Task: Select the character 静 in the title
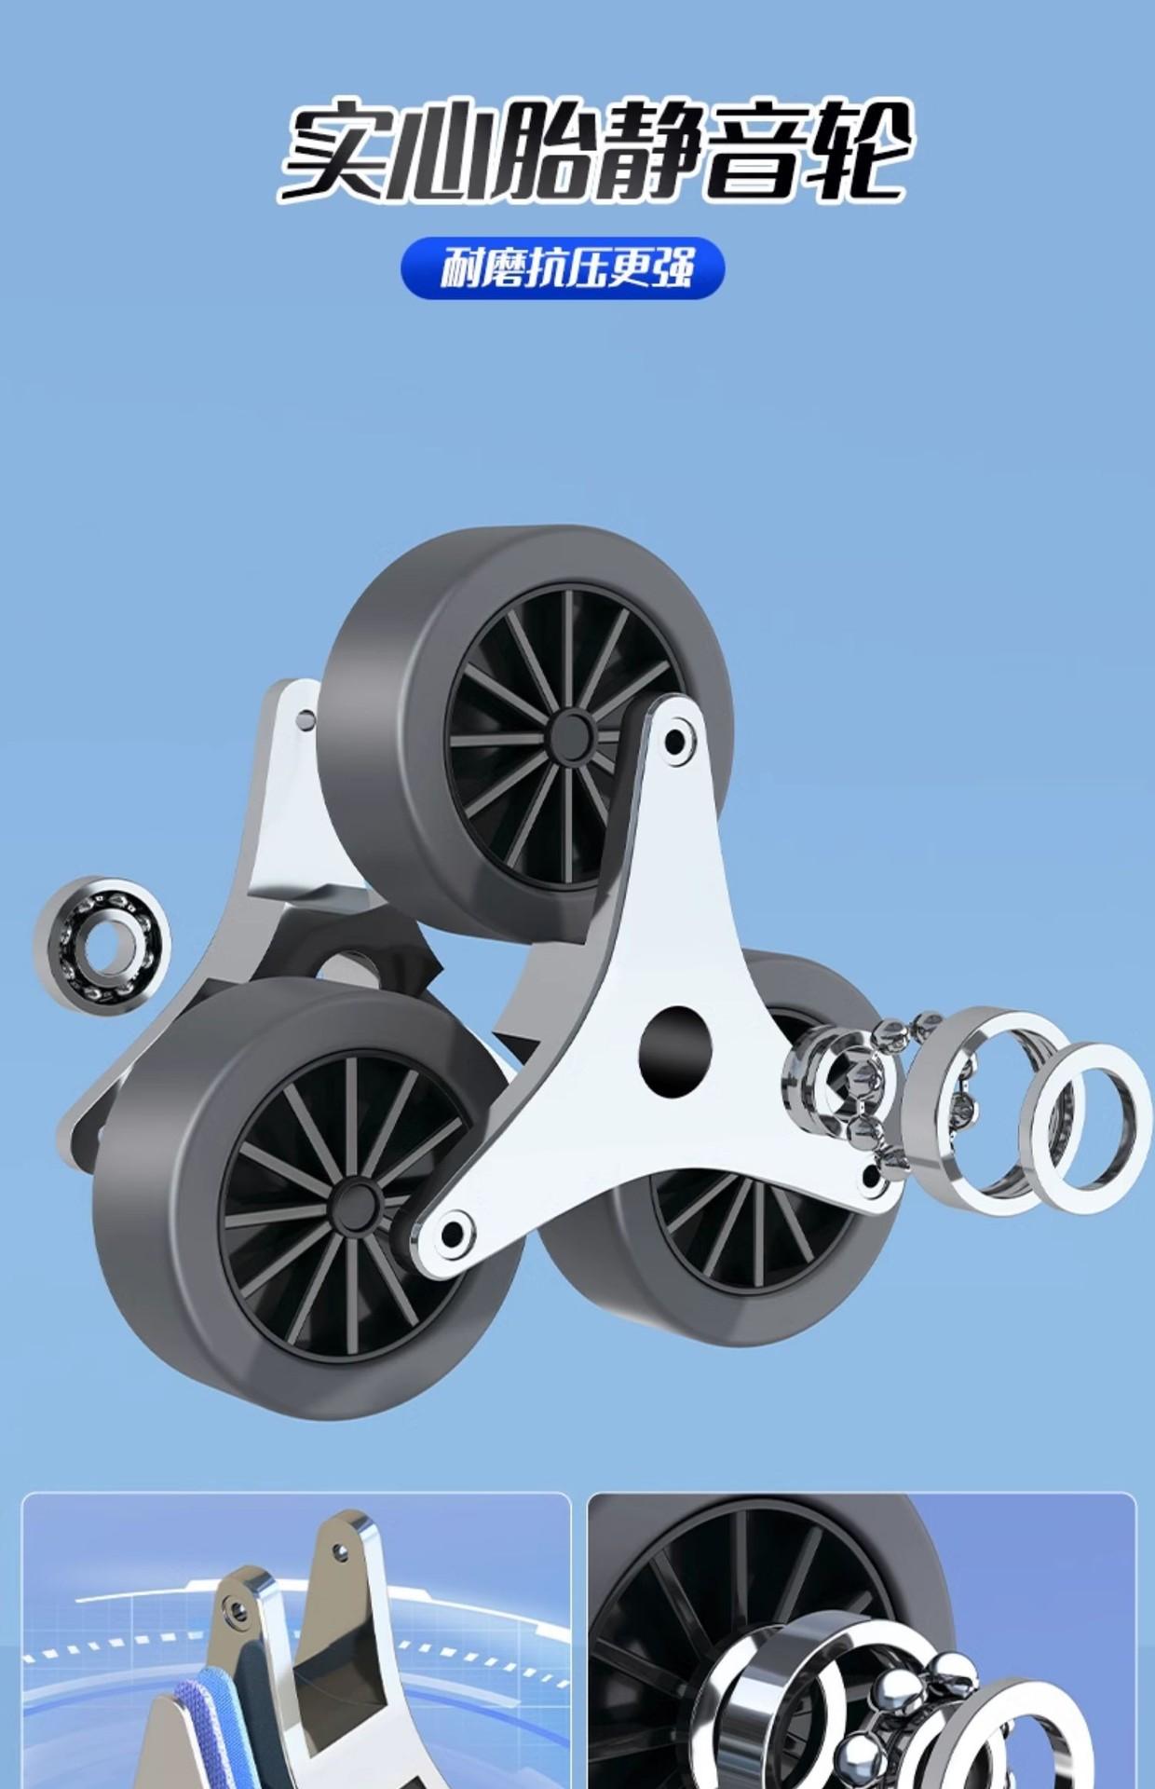[648, 151]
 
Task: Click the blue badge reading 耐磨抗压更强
[563, 268]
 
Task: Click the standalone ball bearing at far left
[102, 945]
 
